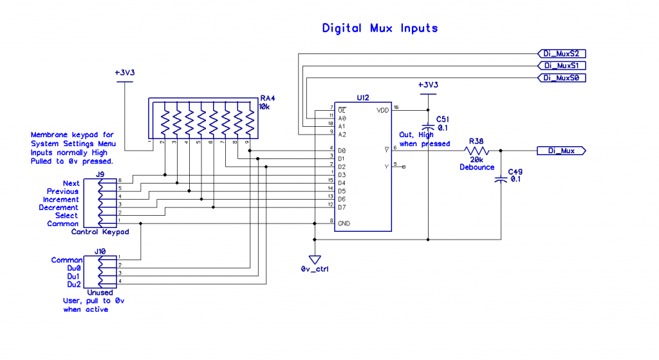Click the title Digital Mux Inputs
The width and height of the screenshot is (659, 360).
[380, 28]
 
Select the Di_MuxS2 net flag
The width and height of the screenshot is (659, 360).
[561, 53]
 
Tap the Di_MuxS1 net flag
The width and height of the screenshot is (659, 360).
[561, 66]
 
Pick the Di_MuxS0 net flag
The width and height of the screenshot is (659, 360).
[561, 78]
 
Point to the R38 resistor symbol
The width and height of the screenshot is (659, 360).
[476, 151]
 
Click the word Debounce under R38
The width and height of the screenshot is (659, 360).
[476, 167]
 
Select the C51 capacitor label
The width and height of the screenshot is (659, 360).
[443, 119]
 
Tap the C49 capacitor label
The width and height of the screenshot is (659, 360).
[515, 172]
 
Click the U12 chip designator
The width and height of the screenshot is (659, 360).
[363, 98]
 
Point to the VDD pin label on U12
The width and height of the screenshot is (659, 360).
[383, 110]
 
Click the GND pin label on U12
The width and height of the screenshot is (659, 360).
[344, 223]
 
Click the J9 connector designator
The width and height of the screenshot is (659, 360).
[100, 175]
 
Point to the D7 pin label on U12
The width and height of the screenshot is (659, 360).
[342, 207]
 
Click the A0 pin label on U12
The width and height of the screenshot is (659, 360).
[342, 118]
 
